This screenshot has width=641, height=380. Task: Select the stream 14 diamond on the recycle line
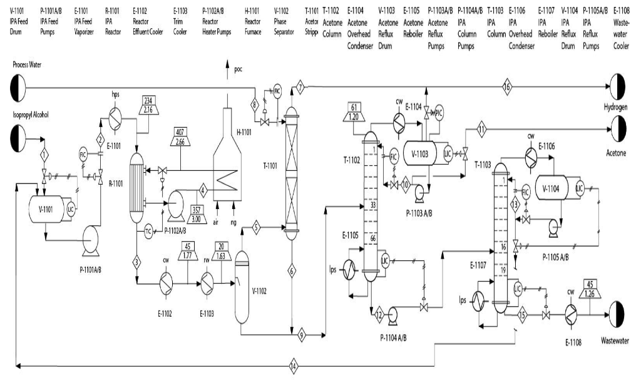coord(294,364)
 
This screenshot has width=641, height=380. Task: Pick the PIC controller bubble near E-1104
coord(438,113)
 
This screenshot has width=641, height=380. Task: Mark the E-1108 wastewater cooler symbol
coord(571,313)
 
